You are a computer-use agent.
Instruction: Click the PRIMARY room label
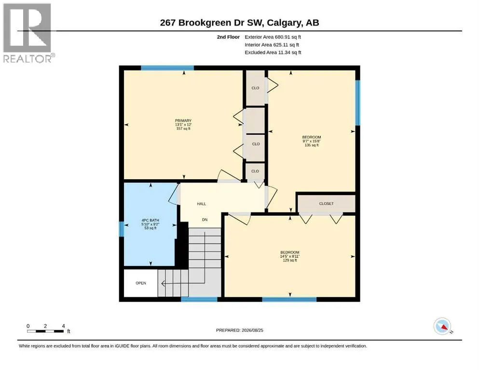tap(183, 120)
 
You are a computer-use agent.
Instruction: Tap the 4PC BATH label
tap(151, 220)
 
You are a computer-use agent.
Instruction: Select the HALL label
tap(201, 204)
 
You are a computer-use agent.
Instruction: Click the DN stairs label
tap(205, 220)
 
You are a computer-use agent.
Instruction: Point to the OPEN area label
tap(141, 283)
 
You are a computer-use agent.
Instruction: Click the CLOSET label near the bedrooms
tap(326, 203)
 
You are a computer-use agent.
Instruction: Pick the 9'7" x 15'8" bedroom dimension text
tap(312, 141)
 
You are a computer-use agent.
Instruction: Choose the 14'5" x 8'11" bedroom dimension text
tap(290, 256)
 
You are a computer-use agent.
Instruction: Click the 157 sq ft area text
tap(183, 129)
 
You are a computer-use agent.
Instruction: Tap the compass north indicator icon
tap(442, 326)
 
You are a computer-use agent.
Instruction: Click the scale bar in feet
tap(45, 331)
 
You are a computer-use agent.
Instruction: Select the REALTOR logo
tap(27, 33)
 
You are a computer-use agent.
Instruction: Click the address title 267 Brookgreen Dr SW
tap(211, 23)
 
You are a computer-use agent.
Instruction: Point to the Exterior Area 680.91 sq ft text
tap(273, 37)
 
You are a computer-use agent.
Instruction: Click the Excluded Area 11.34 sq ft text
tap(273, 52)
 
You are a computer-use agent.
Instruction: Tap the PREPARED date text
tap(239, 330)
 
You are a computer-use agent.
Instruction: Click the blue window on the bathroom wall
tap(121, 229)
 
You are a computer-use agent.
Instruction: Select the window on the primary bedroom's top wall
tap(167, 68)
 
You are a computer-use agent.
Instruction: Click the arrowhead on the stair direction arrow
tap(163, 283)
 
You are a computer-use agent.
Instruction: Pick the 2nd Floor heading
tap(228, 37)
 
